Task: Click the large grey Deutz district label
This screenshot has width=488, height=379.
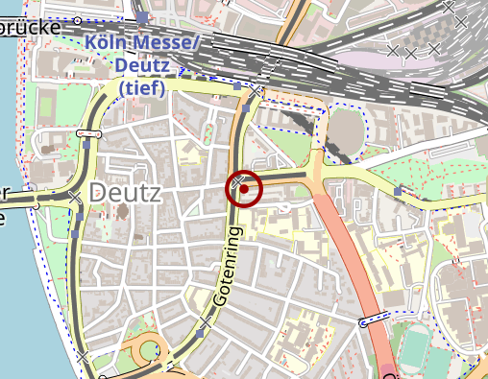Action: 125,193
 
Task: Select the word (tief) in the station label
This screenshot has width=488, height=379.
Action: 142,87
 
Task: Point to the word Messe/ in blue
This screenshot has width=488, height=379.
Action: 165,43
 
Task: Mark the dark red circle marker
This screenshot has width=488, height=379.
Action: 245,188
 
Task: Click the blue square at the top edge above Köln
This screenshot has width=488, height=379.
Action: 142,17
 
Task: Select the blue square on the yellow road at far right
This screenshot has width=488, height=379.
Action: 398,191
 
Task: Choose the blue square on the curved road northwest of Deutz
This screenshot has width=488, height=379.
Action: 87,147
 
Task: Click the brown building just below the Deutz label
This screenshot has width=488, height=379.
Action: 121,210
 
